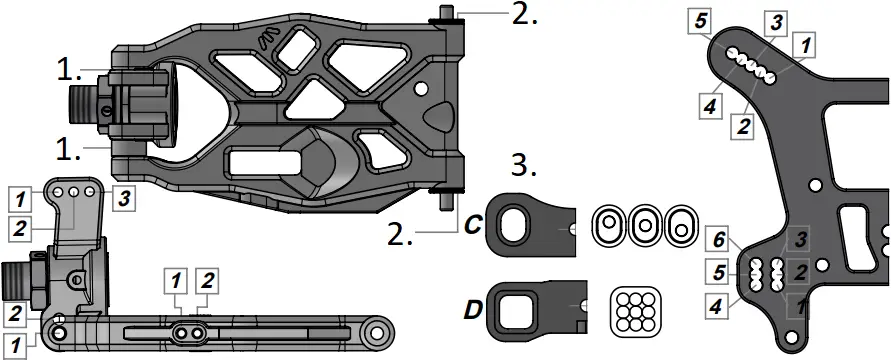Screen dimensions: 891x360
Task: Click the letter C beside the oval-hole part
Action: coord(473,225)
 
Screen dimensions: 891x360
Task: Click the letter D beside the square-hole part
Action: coord(474,311)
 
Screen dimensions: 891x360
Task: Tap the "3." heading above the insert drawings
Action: coord(524,166)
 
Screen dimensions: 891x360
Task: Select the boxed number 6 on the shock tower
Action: coord(719,241)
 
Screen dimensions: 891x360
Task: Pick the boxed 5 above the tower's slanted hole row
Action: coord(701,22)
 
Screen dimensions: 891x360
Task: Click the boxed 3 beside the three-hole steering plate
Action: coord(124,199)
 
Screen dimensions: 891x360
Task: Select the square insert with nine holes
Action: coord(636,311)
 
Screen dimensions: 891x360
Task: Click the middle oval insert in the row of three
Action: coord(644,225)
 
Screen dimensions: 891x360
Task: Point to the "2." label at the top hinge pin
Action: coord(524,14)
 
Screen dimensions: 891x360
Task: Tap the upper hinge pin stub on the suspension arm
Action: coord(446,14)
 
